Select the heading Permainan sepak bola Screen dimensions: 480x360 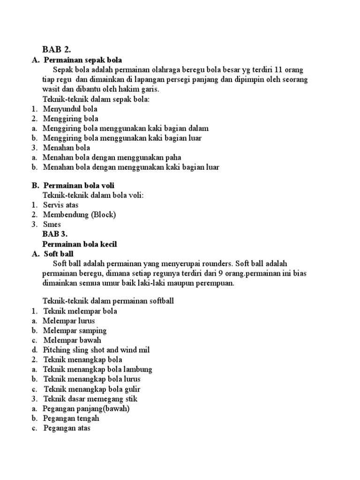point(82,60)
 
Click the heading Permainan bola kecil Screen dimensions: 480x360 point(80,244)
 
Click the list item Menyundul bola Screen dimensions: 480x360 point(70,109)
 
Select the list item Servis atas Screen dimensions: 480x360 point(61,205)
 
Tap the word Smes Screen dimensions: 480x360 point(52,225)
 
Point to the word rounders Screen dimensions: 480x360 point(218,263)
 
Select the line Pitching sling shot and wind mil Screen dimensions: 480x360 point(96,350)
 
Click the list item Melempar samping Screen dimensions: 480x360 point(75,330)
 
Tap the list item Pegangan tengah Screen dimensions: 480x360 point(71,418)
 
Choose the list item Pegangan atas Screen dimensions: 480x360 point(67,428)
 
